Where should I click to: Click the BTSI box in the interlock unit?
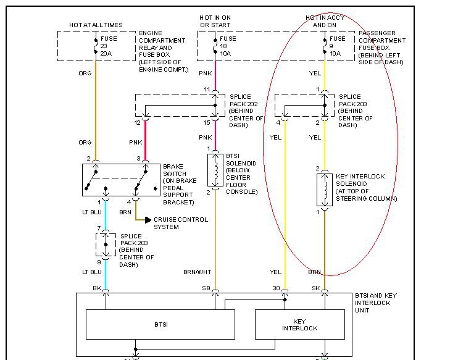[160, 324]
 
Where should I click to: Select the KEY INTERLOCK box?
[299, 324]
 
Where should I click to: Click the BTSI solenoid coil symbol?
[215, 170]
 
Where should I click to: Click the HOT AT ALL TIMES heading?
[95, 25]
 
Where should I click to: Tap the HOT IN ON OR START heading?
[215, 20]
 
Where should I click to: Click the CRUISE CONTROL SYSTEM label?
[180, 223]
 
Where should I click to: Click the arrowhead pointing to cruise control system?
[148, 219]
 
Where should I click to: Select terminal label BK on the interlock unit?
[98, 288]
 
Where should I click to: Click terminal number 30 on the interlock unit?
[277, 288]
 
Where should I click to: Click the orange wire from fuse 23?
[96, 111]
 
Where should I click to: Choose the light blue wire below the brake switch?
[106, 216]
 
